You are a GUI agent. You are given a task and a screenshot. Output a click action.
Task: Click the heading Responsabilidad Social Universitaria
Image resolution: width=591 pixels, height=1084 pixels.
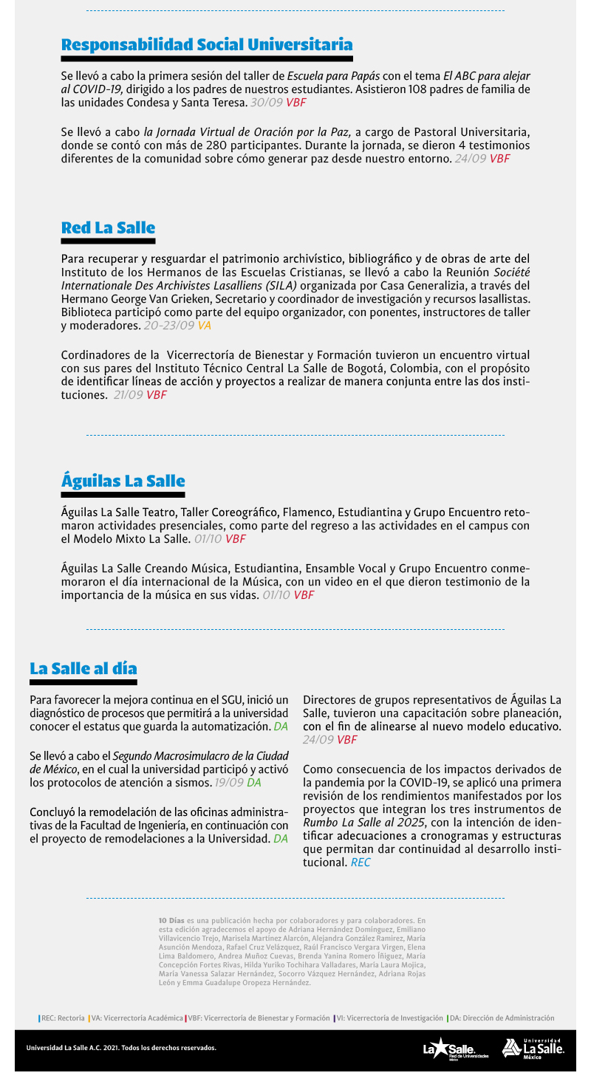tap(207, 44)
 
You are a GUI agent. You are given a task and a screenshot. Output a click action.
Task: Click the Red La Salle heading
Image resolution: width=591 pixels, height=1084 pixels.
tap(108, 227)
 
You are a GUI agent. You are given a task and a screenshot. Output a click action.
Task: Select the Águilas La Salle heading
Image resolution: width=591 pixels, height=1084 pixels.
tap(123, 481)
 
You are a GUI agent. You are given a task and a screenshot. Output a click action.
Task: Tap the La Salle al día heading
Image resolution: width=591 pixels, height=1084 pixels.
tap(83, 668)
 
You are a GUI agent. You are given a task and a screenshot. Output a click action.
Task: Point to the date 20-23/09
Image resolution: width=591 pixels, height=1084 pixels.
tap(169, 326)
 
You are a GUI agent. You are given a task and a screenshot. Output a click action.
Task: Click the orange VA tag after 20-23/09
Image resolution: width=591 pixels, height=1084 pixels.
tap(205, 326)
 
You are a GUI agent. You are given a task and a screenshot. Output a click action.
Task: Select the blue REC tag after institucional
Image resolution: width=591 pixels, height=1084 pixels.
tap(361, 862)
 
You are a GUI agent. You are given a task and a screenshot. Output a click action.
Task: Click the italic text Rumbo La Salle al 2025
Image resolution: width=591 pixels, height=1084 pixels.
tap(364, 823)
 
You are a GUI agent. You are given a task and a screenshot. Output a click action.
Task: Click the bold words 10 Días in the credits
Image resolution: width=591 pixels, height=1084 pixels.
tap(171, 921)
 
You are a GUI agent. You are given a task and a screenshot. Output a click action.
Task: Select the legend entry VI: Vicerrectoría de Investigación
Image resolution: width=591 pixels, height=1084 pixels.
tap(389, 1018)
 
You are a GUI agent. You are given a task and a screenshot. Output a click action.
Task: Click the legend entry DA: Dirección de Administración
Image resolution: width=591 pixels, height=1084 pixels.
tap(502, 1018)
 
